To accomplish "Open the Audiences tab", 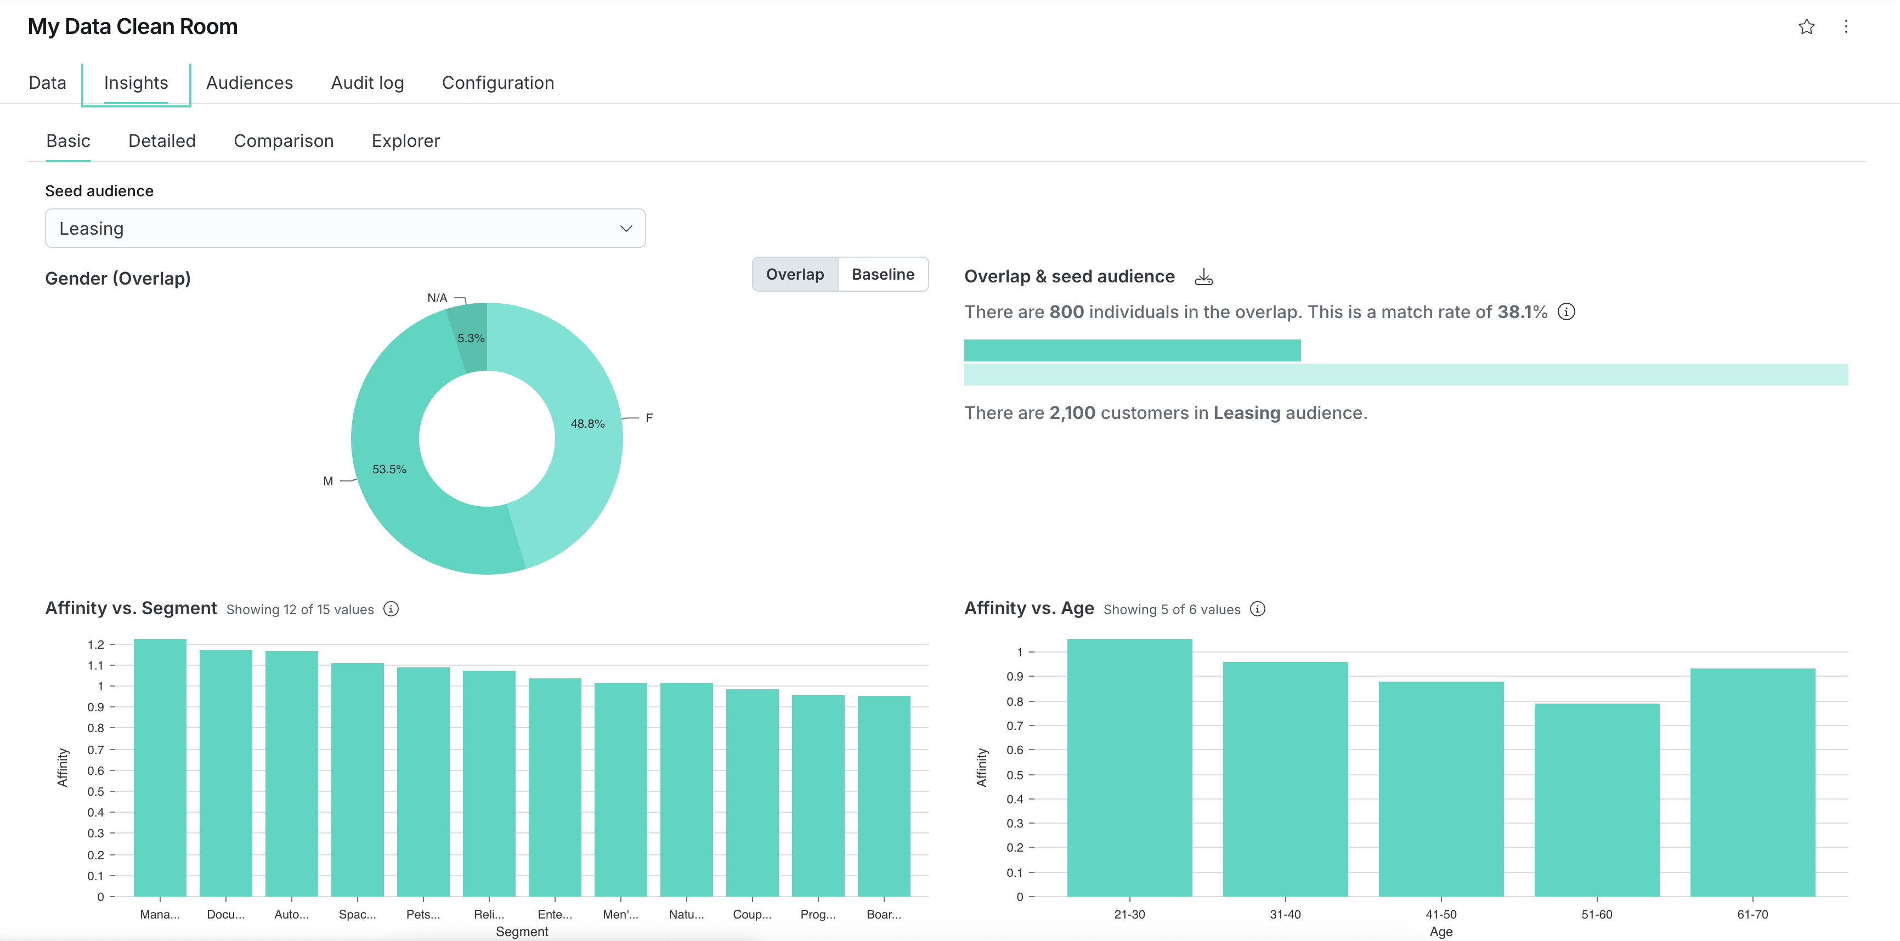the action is (x=250, y=83).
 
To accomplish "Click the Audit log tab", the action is (x=367, y=83).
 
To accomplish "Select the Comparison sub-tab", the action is (x=283, y=141).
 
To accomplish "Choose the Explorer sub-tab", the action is (x=406, y=141).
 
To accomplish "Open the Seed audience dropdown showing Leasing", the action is (x=345, y=229).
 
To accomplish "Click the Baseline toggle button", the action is (x=883, y=274).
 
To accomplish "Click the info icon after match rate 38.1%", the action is (x=1567, y=312).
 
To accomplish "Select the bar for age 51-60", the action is (x=1597, y=800).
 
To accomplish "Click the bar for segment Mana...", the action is (x=160, y=768).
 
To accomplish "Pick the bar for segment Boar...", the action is (x=884, y=796).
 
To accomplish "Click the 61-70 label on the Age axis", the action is (x=1752, y=915).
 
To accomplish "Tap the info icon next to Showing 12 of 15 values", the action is (x=391, y=609).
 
